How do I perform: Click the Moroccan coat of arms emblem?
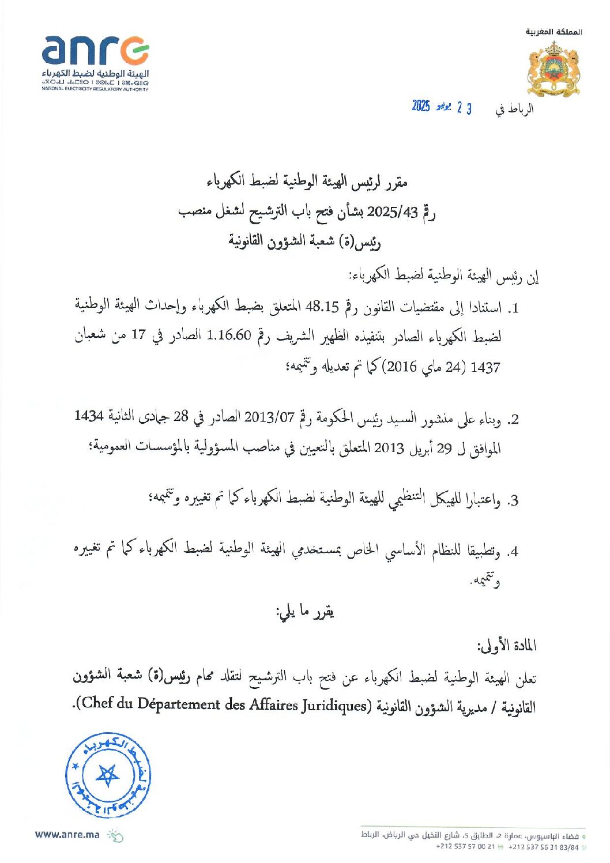(x=553, y=69)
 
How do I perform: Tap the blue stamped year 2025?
(x=421, y=106)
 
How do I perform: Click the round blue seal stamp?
(x=108, y=775)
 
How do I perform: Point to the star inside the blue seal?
(x=107, y=775)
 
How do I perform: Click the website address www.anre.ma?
(x=67, y=834)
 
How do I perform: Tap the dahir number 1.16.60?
(x=229, y=336)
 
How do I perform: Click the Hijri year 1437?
(x=485, y=367)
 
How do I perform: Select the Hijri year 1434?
(x=89, y=416)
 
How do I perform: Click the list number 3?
(x=512, y=500)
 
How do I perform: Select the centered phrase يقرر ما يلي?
(x=305, y=612)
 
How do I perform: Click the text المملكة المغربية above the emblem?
(x=553, y=32)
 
